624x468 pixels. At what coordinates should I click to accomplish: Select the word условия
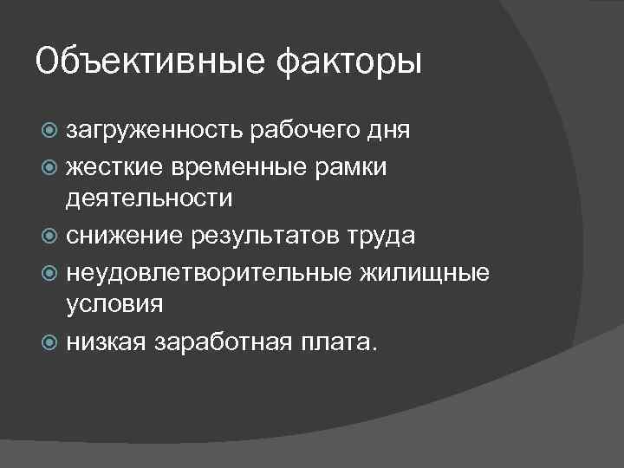(114, 306)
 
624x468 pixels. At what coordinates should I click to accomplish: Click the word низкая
(107, 341)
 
